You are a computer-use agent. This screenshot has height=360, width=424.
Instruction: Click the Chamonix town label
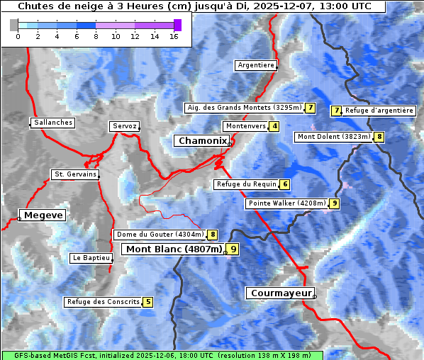click(x=202, y=141)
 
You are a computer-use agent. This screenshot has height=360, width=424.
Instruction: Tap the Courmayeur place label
click(x=279, y=293)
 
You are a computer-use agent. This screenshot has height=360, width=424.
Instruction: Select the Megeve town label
click(x=43, y=215)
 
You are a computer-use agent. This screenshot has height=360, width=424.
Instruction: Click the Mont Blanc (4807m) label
click(x=174, y=249)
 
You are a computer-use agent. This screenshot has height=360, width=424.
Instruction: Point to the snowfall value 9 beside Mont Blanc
click(x=233, y=249)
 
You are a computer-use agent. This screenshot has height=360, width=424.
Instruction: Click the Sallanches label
click(x=53, y=123)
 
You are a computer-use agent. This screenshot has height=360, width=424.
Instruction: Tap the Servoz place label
click(x=124, y=126)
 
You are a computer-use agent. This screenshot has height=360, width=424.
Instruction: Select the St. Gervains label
click(x=75, y=174)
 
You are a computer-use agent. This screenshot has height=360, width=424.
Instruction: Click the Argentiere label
click(x=256, y=65)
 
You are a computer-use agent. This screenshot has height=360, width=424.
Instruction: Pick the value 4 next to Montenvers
click(x=274, y=126)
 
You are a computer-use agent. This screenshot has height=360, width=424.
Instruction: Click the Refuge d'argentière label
click(x=379, y=111)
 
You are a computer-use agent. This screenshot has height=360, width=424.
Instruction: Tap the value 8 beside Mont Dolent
click(x=379, y=137)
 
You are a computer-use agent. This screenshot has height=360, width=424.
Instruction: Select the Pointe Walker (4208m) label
click(x=287, y=203)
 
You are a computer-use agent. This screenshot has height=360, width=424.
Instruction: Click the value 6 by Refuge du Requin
click(x=284, y=184)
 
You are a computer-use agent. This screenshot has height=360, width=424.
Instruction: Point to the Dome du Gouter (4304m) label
click(x=160, y=235)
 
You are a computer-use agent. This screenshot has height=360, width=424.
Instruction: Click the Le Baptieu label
click(x=90, y=258)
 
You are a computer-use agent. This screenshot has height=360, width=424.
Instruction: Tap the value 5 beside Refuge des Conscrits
click(x=147, y=302)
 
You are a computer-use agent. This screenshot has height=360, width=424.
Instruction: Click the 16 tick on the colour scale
click(x=174, y=36)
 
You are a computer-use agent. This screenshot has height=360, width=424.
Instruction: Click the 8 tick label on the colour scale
click(x=96, y=36)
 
